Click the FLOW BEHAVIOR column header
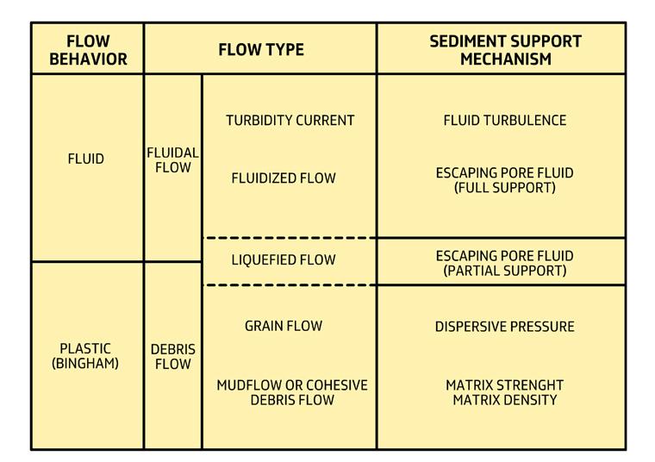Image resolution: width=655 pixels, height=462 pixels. coord(87,50)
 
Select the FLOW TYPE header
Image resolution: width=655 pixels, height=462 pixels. coord(260,49)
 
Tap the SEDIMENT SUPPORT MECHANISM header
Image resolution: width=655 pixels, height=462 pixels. coord(505,50)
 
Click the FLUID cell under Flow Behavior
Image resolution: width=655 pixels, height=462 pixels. coord(85,159)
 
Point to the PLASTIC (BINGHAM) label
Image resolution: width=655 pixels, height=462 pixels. coord(85,356)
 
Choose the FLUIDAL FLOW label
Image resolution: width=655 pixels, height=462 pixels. coord(172,160)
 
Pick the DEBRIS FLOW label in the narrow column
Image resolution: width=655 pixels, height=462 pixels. coord(172,357)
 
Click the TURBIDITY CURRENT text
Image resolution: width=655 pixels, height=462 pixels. coord(290,121)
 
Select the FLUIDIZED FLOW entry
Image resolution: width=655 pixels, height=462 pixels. coord(284,178)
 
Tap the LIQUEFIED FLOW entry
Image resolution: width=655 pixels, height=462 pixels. coord(284,259)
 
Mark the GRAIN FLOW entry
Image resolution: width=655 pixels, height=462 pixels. coord(284,326)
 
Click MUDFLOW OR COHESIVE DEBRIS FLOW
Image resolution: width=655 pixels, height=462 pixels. coord(291,392)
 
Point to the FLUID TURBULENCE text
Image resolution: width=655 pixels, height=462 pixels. coord(505,121)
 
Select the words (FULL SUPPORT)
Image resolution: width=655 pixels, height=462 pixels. coord(505,187)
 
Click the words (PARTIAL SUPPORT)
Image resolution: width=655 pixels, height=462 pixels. coord(505,271)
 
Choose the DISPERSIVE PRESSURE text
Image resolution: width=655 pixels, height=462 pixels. coord(505,327)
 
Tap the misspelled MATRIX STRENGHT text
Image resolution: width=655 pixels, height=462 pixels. coord(505,385)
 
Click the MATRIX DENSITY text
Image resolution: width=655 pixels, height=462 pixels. coord(505,400)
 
